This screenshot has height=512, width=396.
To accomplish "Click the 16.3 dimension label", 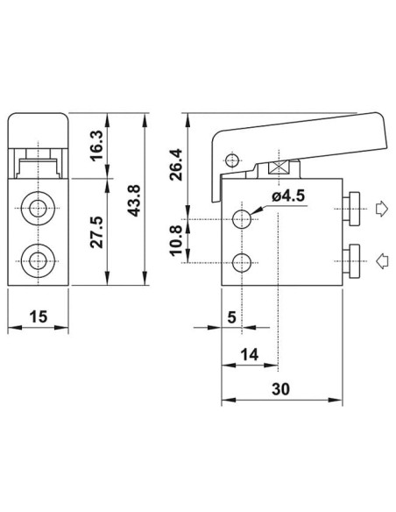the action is pyautogui.click(x=97, y=145).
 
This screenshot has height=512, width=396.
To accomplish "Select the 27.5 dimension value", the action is pyautogui.click(x=97, y=231).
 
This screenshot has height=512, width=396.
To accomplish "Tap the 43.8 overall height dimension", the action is pyautogui.click(x=134, y=201).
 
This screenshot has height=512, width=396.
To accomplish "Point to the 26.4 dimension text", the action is pyautogui.click(x=176, y=165).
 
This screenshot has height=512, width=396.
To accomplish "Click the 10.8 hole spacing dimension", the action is pyautogui.click(x=176, y=240).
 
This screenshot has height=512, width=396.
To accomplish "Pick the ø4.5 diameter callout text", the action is pyautogui.click(x=288, y=196).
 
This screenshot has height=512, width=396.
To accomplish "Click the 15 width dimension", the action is pyautogui.click(x=39, y=316).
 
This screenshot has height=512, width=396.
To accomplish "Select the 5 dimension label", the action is pyautogui.click(x=231, y=317).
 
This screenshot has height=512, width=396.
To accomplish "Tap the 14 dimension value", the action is pyautogui.click(x=250, y=354).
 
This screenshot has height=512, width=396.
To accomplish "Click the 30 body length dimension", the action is pyautogui.click(x=280, y=389).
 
